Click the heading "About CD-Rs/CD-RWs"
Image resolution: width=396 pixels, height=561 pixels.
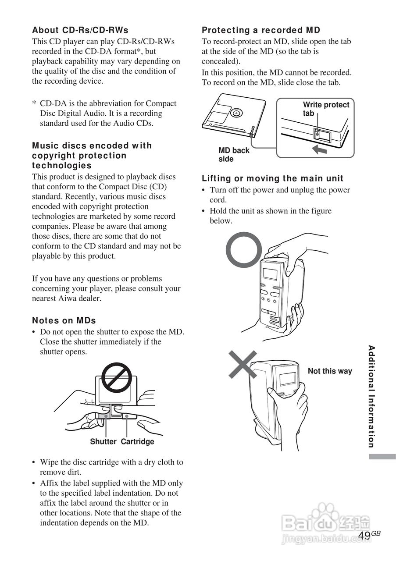tap(80, 30)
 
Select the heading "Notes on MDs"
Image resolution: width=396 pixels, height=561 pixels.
tap(64, 320)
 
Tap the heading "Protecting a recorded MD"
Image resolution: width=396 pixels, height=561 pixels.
tap(261, 30)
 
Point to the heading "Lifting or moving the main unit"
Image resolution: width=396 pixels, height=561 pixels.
tap(272, 178)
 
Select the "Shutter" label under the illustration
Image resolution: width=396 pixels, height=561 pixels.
tap(103, 442)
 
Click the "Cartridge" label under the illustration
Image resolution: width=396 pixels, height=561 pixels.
tap(137, 442)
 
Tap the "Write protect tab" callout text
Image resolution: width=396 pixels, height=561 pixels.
tap(326, 109)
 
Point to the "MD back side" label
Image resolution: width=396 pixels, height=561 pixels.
tap(234, 155)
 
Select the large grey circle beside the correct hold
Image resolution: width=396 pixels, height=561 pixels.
tap(243, 250)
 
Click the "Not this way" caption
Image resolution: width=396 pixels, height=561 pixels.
tap(330, 371)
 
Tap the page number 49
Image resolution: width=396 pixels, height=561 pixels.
tap(364, 536)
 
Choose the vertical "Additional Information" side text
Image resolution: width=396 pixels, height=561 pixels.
tap(371, 397)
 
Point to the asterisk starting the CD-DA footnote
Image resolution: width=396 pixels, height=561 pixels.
tap(34, 104)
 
